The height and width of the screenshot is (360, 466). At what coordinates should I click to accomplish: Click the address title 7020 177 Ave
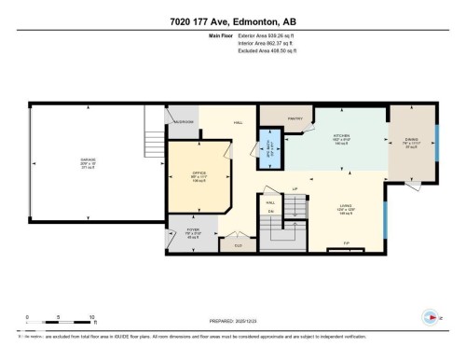click(232, 21)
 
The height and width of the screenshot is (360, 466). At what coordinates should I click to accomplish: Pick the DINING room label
click(408, 142)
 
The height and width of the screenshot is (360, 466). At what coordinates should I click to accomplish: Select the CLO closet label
click(238, 246)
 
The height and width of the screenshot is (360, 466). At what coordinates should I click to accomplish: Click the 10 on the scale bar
click(91, 318)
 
